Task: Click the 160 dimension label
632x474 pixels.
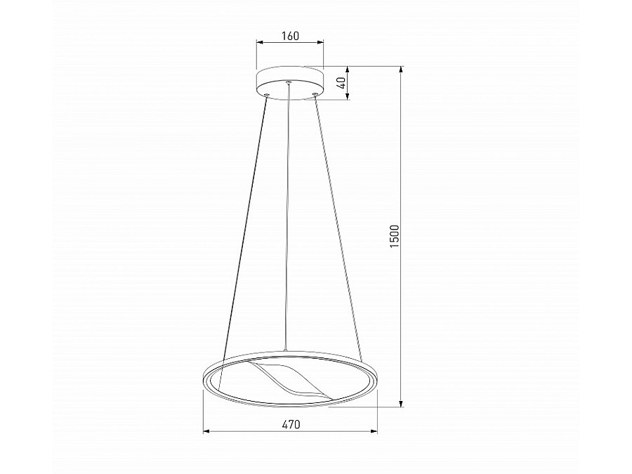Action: click(x=290, y=36)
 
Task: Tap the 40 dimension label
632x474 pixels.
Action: click(x=341, y=83)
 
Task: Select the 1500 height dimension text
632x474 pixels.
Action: click(x=395, y=236)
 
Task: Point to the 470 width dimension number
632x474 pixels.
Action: click(x=290, y=424)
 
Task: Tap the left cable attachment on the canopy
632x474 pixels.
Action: click(x=266, y=94)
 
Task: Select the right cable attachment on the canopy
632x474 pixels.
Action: click(x=315, y=94)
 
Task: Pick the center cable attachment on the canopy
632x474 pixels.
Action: click(x=289, y=84)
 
